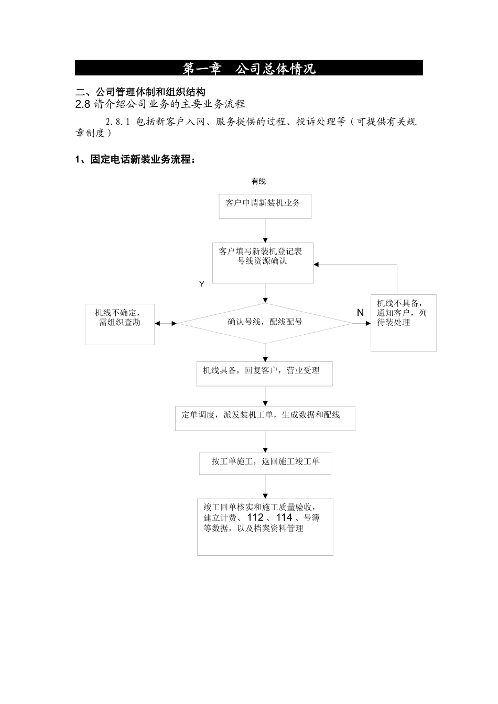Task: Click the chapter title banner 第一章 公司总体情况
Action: [x=249, y=69]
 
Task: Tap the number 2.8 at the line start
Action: [x=83, y=104]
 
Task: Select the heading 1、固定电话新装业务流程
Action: [x=136, y=160]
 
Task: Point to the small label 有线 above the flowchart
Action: [x=258, y=182]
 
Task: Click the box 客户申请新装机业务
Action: [x=265, y=206]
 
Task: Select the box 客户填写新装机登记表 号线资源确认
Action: [x=263, y=262]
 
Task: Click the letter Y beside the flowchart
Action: [x=202, y=284]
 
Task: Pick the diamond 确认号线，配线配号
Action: [x=265, y=323]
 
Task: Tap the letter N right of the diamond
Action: [x=360, y=313]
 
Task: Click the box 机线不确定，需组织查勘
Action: [x=120, y=324]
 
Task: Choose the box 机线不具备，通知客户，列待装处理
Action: [x=403, y=322]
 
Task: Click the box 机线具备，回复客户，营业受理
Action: [x=264, y=373]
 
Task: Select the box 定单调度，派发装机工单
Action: [x=265, y=418]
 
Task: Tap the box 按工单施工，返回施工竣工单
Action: [x=265, y=463]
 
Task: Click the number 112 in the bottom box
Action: [x=255, y=518]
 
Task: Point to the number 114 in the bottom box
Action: [x=284, y=518]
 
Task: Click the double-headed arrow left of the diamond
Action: [x=166, y=323]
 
